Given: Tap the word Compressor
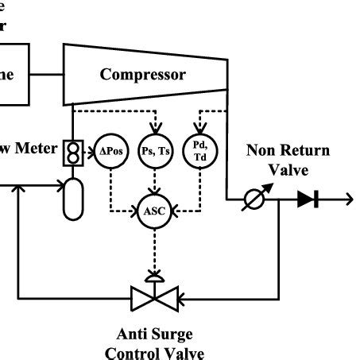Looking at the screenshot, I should click(x=143, y=75).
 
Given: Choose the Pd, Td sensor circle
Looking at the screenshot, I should click(x=199, y=149).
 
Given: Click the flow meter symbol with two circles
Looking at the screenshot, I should click(x=73, y=154).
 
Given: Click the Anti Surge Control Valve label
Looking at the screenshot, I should click(x=150, y=343).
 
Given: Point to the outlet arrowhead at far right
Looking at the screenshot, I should click(x=348, y=199).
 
